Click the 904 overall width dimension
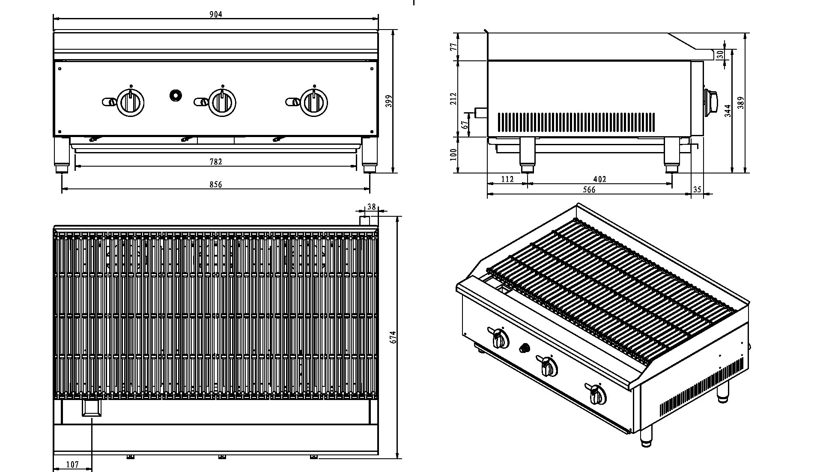click(x=216, y=14)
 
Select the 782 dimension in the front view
click(x=216, y=162)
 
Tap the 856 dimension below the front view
click(x=216, y=185)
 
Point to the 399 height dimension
click(x=389, y=101)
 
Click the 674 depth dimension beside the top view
click(x=394, y=337)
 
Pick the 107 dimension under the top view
click(x=72, y=464)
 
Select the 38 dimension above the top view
click(x=371, y=207)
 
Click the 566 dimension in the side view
click(x=589, y=190)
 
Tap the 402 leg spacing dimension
click(x=600, y=179)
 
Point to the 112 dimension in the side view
click(x=507, y=179)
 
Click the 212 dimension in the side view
click(x=454, y=99)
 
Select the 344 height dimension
click(x=728, y=111)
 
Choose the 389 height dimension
click(x=741, y=103)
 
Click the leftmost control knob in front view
click(x=130, y=102)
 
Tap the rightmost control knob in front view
click(x=314, y=102)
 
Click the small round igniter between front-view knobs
click(x=175, y=95)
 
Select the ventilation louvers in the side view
click(x=576, y=122)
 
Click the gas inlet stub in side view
click(x=480, y=113)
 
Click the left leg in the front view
click(x=63, y=153)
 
